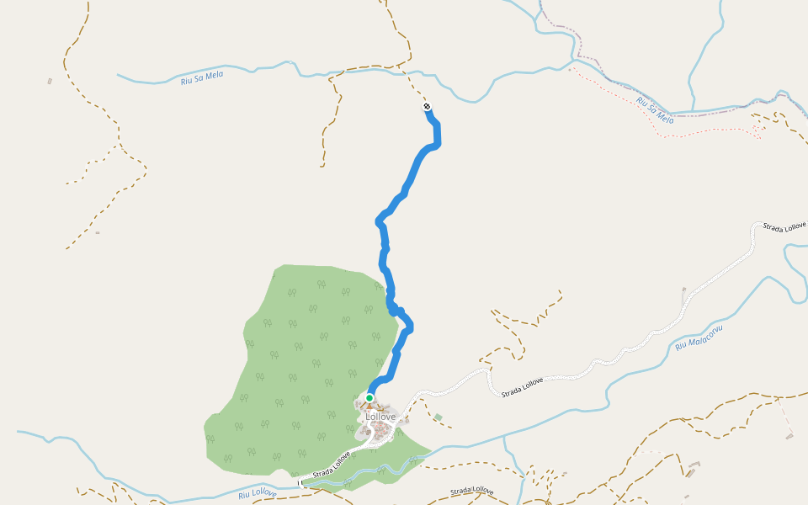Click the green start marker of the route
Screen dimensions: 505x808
(369, 398)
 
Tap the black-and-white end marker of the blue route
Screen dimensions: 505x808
(428, 107)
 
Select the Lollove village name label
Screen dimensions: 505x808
(380, 417)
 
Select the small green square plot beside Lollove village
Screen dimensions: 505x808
(438, 417)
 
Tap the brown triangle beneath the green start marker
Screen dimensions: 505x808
(369, 407)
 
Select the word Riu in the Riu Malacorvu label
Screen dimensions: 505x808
(681, 346)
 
